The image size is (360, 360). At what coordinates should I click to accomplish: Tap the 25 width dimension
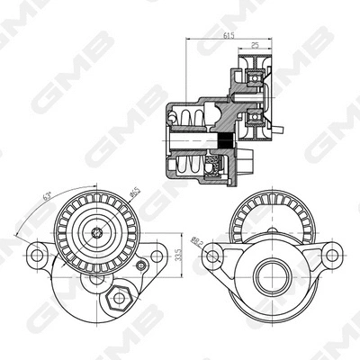pyautogui.click(x=256, y=45)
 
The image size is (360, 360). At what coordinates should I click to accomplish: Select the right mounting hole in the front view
pyautogui.click(x=157, y=256)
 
